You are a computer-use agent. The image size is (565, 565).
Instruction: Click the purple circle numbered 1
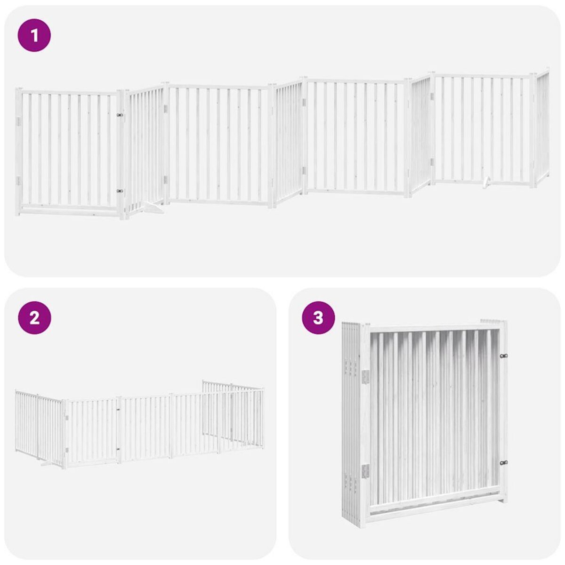click(34, 35)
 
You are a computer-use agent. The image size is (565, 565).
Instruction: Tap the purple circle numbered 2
click(34, 318)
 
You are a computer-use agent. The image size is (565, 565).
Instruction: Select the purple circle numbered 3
click(318, 318)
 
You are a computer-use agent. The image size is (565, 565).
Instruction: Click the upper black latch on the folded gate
click(503, 356)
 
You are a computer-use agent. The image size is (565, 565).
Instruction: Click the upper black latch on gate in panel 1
click(120, 114)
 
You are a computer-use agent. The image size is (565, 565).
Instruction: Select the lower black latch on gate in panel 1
click(120, 191)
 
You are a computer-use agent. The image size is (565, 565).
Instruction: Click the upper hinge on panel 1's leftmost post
click(19, 122)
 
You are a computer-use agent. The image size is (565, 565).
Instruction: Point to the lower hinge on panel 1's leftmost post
click(19, 181)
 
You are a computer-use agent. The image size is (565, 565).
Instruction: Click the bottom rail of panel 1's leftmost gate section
click(68, 208)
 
